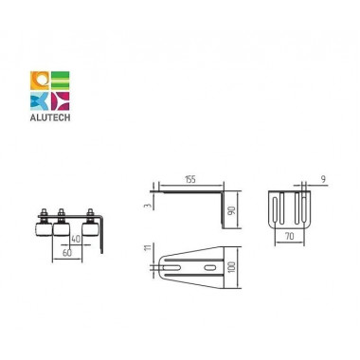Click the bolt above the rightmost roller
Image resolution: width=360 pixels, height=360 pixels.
(x=90, y=211)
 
